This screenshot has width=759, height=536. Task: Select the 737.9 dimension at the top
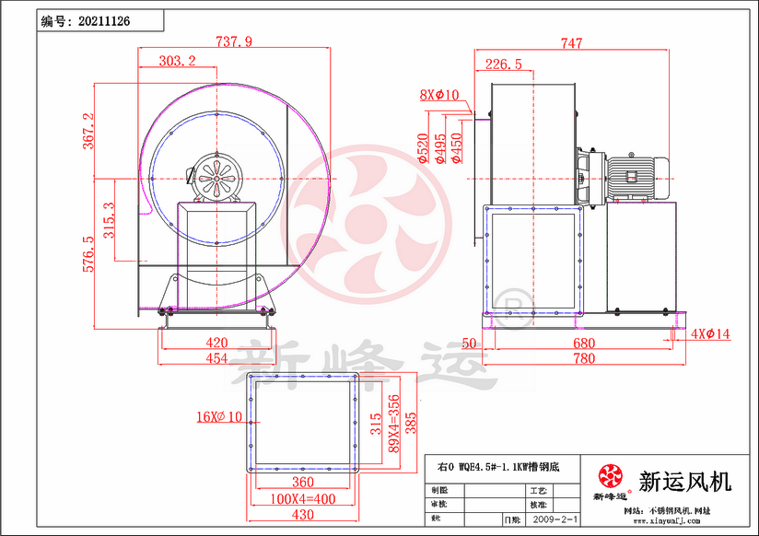coord(233,41)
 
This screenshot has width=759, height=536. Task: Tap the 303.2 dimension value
coord(177,61)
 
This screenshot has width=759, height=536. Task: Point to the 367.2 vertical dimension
coord(88,131)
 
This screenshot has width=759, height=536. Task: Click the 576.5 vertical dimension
coord(88,253)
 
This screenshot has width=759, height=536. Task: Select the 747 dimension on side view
coord(571,42)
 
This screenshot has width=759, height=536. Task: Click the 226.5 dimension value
coord(503,64)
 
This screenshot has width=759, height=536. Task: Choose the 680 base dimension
coord(583,344)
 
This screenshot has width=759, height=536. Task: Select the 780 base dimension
coord(583,359)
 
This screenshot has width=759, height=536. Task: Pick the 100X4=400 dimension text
coord(303,498)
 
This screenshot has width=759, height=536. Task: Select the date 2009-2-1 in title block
coord(555,519)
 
